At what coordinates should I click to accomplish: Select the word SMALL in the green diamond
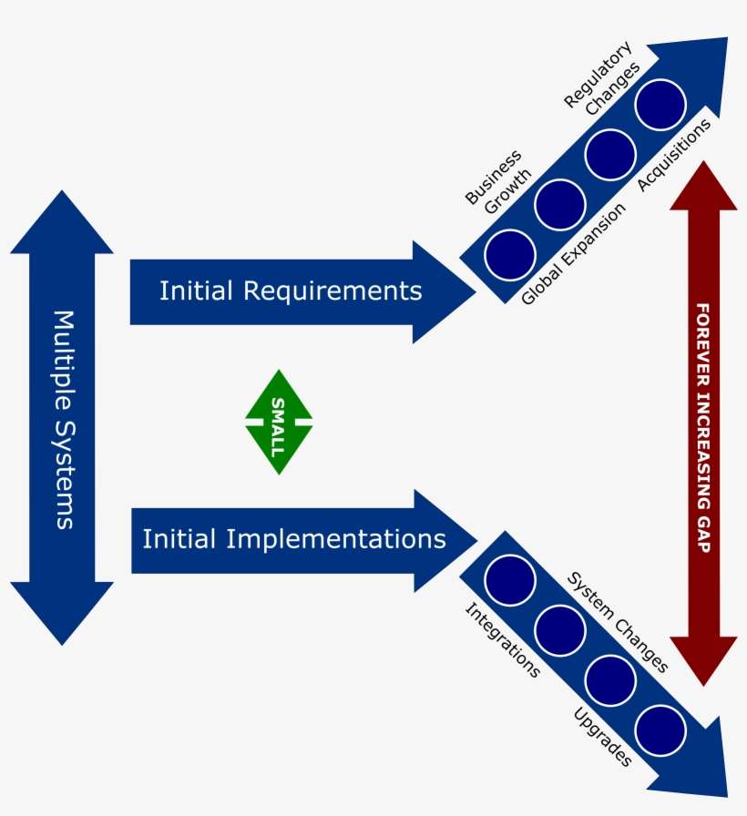[x=279, y=423]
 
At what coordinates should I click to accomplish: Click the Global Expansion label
[x=574, y=254]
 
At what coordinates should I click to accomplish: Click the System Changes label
[x=619, y=622]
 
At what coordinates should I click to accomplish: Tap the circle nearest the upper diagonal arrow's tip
[x=660, y=105]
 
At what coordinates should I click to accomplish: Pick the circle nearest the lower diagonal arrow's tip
[x=660, y=729]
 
